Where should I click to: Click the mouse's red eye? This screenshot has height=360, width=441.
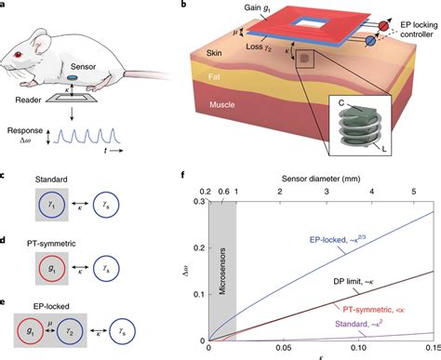point(18,55)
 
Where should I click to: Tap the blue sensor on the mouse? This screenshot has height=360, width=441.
point(72,77)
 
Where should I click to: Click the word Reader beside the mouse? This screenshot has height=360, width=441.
point(28,100)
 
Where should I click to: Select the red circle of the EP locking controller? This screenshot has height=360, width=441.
point(383,26)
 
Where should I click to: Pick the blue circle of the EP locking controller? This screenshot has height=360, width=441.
point(370,41)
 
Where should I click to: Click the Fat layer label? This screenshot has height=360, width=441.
point(214,76)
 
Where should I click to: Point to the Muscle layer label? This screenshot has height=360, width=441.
point(222,104)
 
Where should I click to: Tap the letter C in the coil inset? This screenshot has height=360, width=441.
point(341,103)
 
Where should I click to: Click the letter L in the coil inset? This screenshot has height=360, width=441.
point(384,149)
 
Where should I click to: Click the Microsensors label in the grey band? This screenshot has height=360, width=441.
point(222,271)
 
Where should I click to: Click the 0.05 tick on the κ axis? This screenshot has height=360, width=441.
point(284,348)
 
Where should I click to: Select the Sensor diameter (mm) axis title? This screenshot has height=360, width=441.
point(321,179)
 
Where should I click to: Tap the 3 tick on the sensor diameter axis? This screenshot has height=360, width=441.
point(327,192)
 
